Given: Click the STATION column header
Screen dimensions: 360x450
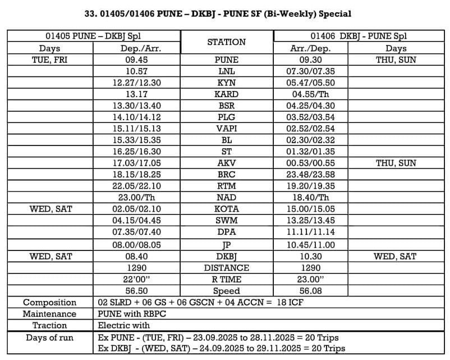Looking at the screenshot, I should click(226, 42).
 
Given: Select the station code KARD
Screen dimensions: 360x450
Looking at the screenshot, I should click(227, 94).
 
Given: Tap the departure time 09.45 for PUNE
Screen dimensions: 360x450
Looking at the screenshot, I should click(137, 60).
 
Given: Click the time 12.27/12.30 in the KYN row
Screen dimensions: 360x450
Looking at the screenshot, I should click(137, 83).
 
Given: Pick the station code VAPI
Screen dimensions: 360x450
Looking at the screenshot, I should click(227, 129).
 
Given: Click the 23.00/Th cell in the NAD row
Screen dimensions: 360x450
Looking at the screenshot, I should click(137, 197).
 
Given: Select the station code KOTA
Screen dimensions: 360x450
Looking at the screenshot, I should click(227, 209).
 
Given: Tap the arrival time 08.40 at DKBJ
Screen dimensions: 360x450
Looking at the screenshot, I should click(137, 256).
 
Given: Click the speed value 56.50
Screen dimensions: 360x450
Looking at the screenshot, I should click(137, 290).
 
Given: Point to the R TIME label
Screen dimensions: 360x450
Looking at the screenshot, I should click(227, 279).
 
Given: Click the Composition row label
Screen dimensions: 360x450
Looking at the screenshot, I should click(49, 302).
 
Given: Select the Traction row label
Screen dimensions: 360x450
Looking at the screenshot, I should click(49, 325).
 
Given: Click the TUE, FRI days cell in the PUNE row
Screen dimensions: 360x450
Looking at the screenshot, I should click(49, 60).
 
